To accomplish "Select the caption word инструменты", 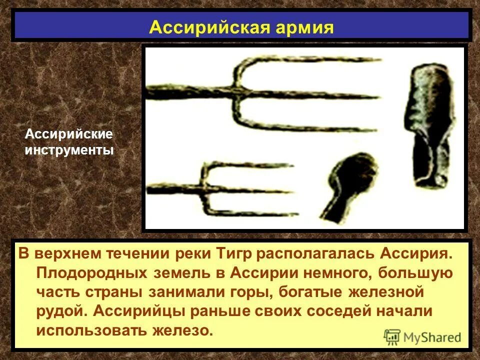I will pos(69,149).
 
